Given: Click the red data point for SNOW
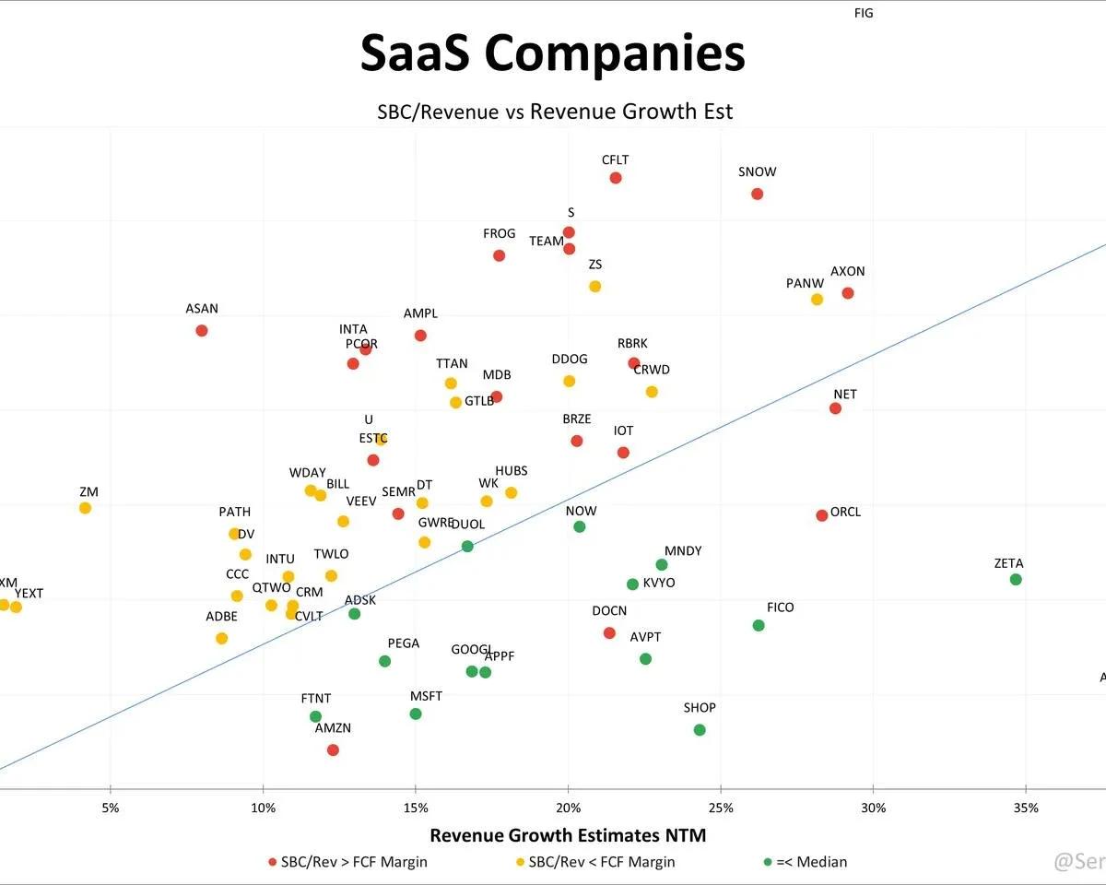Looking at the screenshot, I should coord(757,194).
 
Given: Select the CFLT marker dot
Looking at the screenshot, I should coord(616,178).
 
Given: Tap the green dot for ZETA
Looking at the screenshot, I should coord(1016,580).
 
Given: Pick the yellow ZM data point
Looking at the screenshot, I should coord(85,508).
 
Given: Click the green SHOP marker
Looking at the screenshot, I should coord(700,730).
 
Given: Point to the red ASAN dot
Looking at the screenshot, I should coord(202,331).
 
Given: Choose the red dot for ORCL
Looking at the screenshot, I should coord(822,515).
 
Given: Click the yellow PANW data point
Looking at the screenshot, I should coord(817,300).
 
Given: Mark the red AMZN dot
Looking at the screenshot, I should coord(333,750).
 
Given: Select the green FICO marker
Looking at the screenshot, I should coord(759,625).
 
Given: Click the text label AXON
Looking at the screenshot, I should coord(848,272).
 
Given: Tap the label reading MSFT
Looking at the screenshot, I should coord(426,696).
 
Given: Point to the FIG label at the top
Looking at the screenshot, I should coord(864,14).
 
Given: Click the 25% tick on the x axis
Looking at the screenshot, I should coord(721,808).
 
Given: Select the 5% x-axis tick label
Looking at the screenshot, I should coord(111,808).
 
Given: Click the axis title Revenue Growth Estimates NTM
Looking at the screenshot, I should coord(568,835).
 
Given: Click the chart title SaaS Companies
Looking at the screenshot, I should coord(552,53).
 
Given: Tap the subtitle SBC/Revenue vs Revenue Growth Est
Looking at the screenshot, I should coord(555,112).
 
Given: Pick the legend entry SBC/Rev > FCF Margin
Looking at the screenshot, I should coord(354,862).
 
